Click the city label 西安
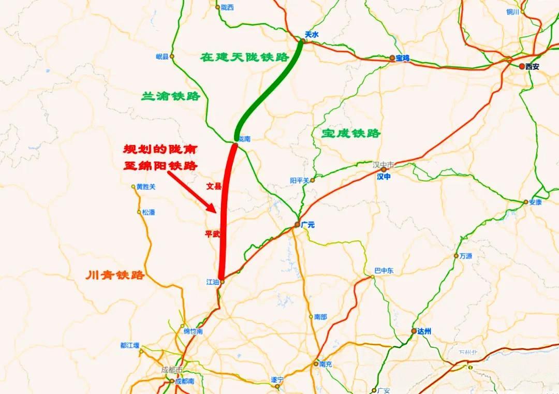click(532, 66)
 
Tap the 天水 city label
click(311, 34)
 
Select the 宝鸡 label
click(402, 59)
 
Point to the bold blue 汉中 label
click(384, 177)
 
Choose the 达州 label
click(423, 331)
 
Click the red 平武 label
click(213, 234)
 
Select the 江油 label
click(212, 282)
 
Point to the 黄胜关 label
click(145, 187)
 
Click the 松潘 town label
click(149, 212)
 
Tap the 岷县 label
click(162, 56)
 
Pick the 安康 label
click(535, 202)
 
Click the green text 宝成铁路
click(351, 134)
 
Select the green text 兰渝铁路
click(171, 96)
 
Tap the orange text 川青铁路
click(115, 275)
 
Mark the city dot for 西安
click(522, 66)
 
